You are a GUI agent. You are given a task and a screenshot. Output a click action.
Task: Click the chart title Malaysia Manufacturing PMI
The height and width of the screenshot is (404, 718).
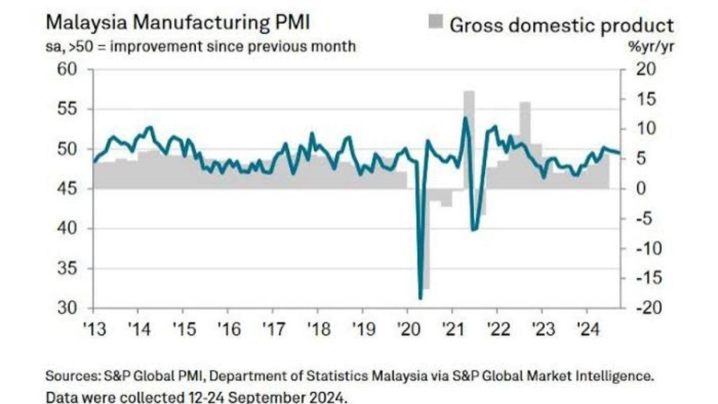[x=177, y=22]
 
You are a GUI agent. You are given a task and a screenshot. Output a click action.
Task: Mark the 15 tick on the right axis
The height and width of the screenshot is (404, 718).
[x=646, y=100]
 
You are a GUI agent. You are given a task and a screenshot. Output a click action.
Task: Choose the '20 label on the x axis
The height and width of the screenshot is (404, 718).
[x=407, y=328]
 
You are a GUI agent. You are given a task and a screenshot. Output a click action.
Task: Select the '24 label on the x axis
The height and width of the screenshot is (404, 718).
[x=586, y=328]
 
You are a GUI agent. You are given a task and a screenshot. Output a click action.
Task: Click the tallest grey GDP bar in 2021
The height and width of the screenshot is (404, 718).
[x=469, y=140]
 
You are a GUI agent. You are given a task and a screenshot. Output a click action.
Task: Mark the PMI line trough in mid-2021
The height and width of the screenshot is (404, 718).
[x=474, y=229]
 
